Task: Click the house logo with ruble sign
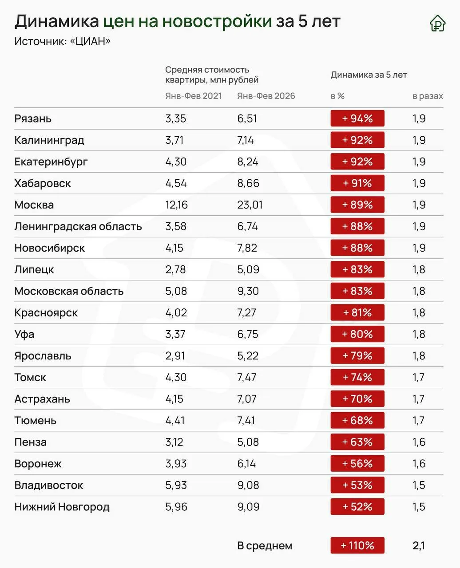point(437,23)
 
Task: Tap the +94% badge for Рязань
point(357,118)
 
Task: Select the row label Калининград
point(49,140)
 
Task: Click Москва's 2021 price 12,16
point(176,205)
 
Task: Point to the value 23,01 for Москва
point(250,205)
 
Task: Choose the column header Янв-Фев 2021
point(194,96)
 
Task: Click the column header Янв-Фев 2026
point(266,96)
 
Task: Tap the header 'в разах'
point(428,96)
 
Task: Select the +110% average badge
point(357,545)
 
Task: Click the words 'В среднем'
point(265,546)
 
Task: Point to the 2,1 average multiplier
point(419,546)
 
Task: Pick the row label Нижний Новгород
point(62,507)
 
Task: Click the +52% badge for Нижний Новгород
point(357,506)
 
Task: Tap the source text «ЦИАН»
point(90,41)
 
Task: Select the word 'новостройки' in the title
point(217,21)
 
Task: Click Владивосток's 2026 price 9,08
point(248,485)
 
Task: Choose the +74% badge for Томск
point(357,377)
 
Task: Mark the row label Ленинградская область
point(78,226)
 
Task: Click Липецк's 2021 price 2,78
point(175,269)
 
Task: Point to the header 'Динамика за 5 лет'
point(369,75)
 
